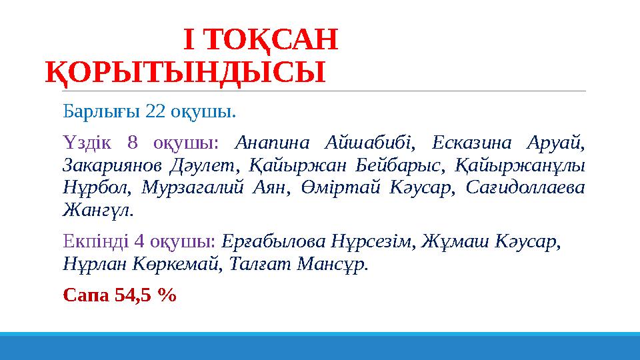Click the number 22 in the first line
point(155,110)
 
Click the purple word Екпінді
point(89,241)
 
